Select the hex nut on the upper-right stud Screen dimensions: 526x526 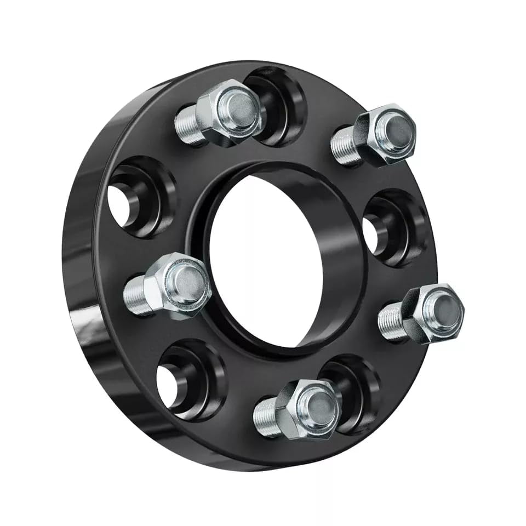[x=384, y=135]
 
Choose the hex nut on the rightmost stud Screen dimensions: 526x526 [x=432, y=313]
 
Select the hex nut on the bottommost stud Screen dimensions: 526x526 [x=307, y=408]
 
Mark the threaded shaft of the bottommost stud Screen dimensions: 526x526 [x=265, y=418]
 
